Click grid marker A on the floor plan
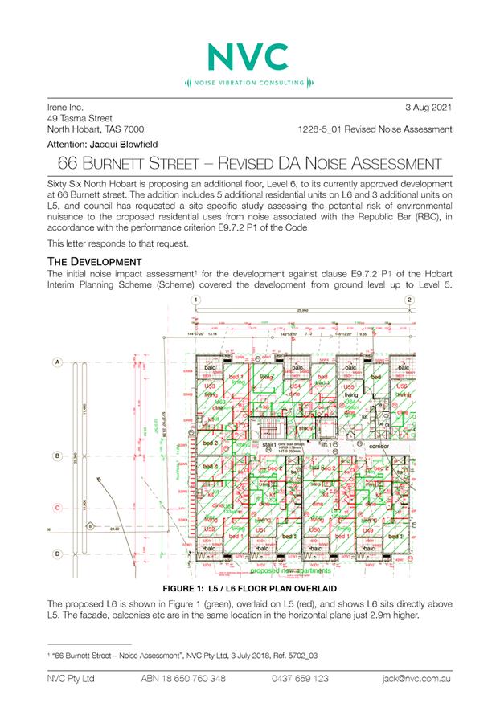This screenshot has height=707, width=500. click(58, 362)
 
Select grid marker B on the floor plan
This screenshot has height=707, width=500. click(58, 456)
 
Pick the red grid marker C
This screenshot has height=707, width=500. click(58, 508)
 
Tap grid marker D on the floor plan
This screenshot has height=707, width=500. click(58, 554)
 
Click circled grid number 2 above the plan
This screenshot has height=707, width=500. click(410, 299)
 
